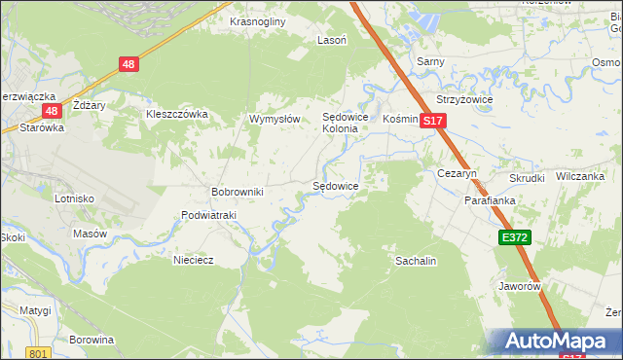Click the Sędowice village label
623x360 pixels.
(335, 186)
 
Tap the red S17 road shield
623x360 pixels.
(433, 121)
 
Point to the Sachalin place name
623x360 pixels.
(415, 262)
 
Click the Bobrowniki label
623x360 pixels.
(238, 192)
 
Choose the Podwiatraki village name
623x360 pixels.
(209, 216)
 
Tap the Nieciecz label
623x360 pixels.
(193, 260)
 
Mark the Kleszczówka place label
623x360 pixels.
(177, 114)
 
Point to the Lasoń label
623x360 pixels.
(332, 41)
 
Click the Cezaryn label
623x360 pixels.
(455, 173)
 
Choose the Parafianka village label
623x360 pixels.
(489, 200)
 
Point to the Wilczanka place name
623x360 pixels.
(580, 177)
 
